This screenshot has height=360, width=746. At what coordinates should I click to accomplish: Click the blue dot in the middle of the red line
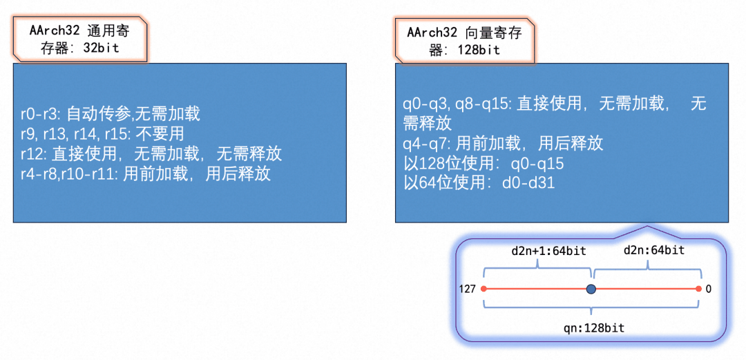click(x=591, y=289)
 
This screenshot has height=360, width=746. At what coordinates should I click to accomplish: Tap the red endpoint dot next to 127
click(x=484, y=289)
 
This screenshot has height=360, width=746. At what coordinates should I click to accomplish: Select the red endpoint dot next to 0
click(x=698, y=289)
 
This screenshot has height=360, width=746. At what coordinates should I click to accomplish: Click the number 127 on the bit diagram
click(x=468, y=289)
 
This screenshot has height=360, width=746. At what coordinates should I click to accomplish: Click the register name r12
click(x=30, y=154)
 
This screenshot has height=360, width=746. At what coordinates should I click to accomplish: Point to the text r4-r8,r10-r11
click(x=68, y=174)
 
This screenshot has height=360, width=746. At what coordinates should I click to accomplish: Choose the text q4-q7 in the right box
click(x=423, y=143)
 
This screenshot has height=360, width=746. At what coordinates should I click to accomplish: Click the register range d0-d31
click(x=528, y=183)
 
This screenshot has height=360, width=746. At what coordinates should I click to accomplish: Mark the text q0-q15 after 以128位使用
click(x=537, y=164)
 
